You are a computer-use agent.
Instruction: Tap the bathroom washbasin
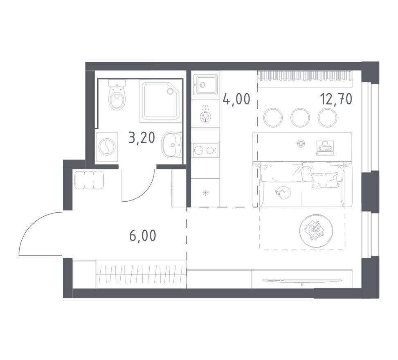tap(171, 144)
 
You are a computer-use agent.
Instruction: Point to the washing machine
tap(107, 146)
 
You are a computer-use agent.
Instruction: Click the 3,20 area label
tap(142, 138)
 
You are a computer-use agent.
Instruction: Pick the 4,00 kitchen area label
tap(236, 99)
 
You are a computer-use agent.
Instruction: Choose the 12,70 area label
tap(336, 99)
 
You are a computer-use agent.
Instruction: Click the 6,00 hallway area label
tap(143, 236)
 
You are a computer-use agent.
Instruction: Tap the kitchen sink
tap(205, 85)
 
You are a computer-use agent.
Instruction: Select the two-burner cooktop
tap(206, 150)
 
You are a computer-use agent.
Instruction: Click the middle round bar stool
tap(300, 118)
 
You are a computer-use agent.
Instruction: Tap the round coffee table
tap(316, 231)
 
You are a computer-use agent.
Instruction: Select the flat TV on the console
tap(302, 281)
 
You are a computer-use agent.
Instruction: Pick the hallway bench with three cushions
tap(89, 180)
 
